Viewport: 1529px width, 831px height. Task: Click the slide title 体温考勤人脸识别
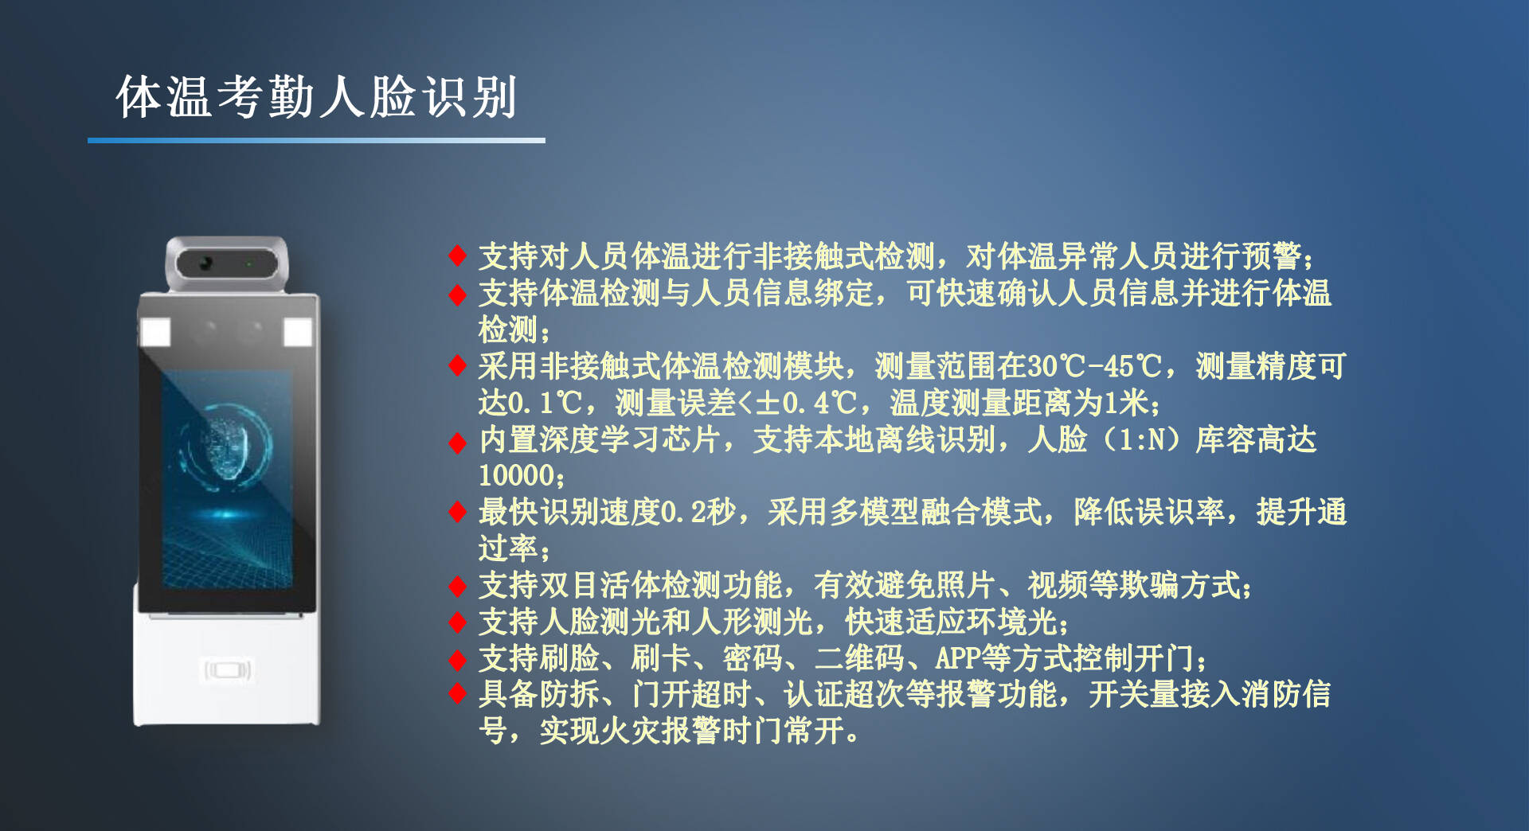point(316,97)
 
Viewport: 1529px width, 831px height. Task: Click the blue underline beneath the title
point(316,140)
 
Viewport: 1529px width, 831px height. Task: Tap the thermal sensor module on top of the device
point(227,263)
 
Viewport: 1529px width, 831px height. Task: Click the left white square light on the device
point(155,332)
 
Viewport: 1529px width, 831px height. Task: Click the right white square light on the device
point(298,332)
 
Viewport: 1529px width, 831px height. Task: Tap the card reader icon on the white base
point(228,670)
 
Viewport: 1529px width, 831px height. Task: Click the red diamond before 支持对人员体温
point(457,256)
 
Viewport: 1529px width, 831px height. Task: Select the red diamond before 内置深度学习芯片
point(457,443)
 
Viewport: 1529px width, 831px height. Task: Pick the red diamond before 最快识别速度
point(457,512)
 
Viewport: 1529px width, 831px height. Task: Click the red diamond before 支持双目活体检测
point(457,587)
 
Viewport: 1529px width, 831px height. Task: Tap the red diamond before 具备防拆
point(457,694)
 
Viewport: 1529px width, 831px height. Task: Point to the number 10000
point(516,475)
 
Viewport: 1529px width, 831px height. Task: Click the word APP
point(958,658)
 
